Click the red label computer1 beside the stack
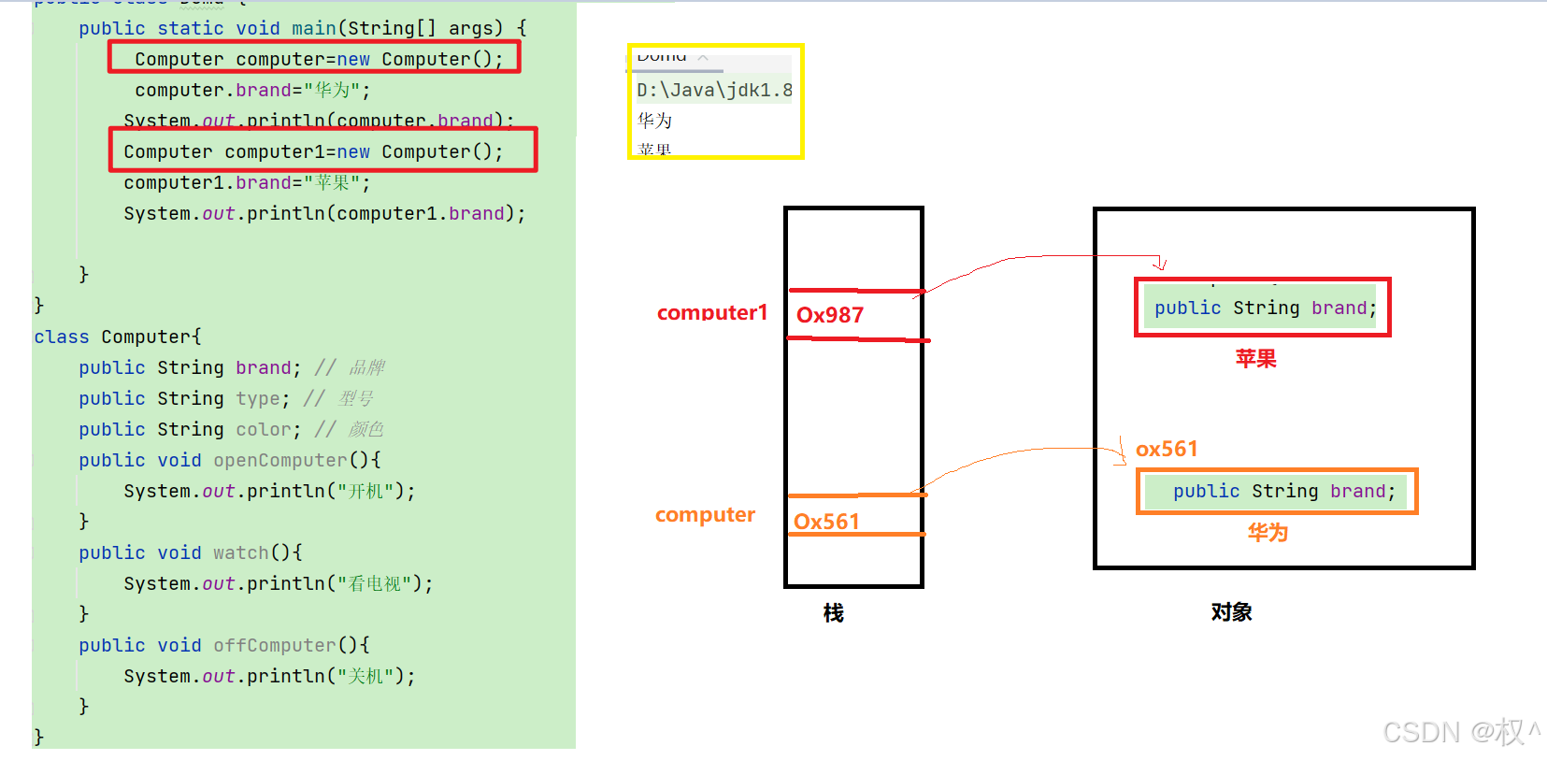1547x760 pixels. tap(711, 312)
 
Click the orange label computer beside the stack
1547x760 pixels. tap(705, 514)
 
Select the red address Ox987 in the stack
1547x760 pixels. tap(829, 315)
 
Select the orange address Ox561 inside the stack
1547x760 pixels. tap(825, 522)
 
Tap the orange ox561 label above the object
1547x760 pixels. tap(1166, 449)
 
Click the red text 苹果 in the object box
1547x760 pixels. tap(1255, 358)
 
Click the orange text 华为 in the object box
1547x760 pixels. tap(1268, 532)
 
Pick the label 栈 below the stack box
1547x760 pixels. tap(833, 612)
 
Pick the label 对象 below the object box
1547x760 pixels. tap(1231, 611)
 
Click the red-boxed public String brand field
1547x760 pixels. tap(1264, 308)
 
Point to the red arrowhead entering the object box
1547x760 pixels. tap(1160, 265)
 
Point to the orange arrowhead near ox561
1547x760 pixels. tap(1122, 456)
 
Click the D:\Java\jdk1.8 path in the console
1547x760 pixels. tap(714, 90)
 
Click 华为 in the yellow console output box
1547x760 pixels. tap(654, 120)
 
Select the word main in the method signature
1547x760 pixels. tap(313, 28)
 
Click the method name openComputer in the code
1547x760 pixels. tap(279, 460)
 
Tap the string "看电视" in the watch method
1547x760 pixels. tap(374, 583)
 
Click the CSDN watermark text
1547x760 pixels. tap(1458, 731)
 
